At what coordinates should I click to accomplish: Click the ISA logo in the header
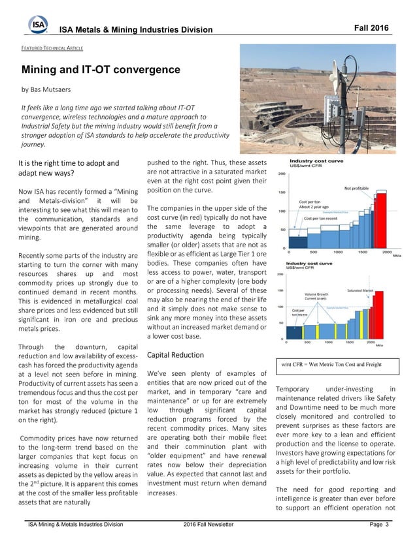38,25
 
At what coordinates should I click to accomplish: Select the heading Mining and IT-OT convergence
101,69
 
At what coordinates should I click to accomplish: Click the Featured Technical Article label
55,48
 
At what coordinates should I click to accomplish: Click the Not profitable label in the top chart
356,188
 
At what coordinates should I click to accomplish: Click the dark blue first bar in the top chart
298,241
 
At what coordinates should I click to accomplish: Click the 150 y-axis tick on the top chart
282,192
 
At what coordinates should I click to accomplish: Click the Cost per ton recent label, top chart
320,217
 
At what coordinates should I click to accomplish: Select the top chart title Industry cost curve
316,161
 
